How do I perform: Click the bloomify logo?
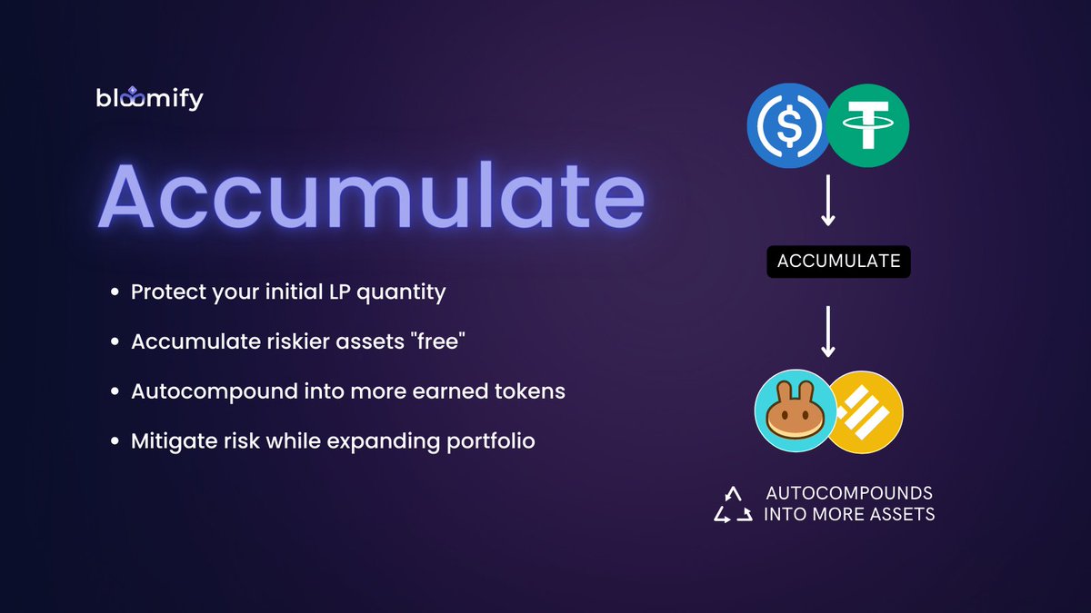click(149, 98)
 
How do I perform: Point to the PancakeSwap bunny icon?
click(794, 410)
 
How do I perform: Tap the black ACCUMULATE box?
click(837, 262)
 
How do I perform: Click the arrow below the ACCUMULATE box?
click(827, 331)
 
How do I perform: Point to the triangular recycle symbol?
click(733, 505)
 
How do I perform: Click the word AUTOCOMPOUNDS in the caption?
click(849, 493)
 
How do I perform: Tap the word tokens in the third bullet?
click(533, 392)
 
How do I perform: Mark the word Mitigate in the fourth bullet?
click(166, 441)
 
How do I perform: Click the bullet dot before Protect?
click(115, 293)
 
